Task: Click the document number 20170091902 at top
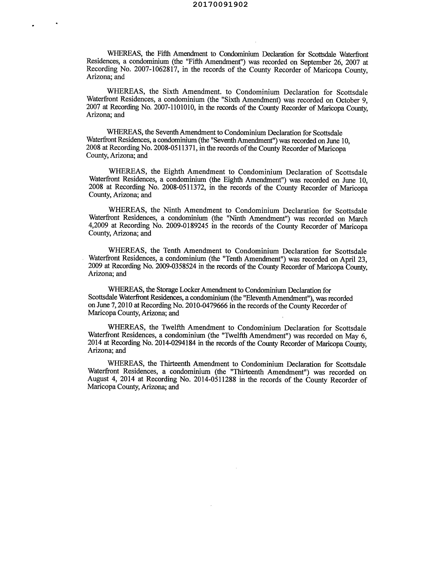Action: coord(220,5)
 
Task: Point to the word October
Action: coord(348,100)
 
